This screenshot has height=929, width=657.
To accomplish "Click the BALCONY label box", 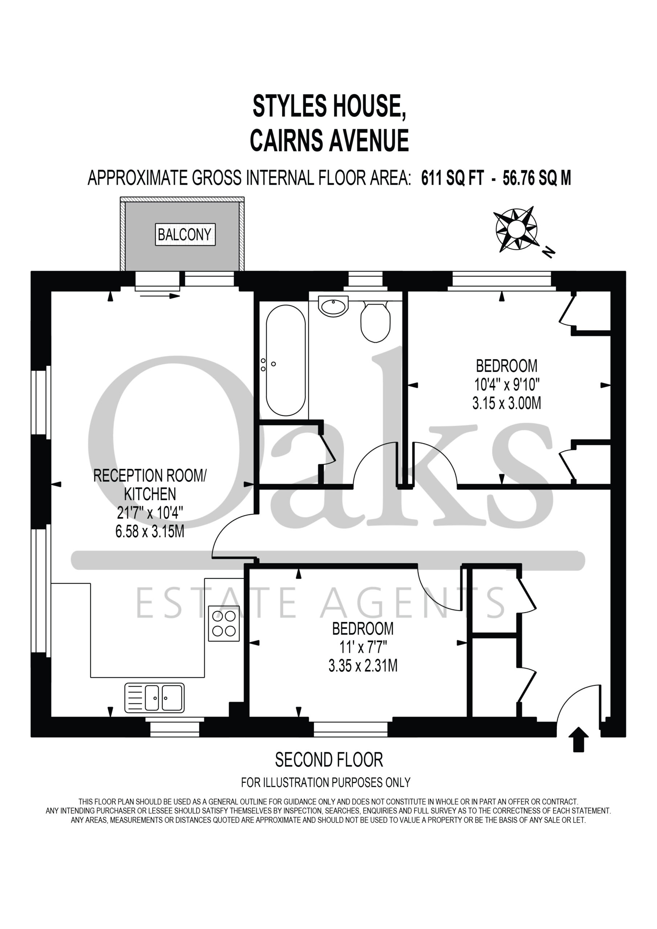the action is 185,234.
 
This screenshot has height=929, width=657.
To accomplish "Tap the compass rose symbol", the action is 517,229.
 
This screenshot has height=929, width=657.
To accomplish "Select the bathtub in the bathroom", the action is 286,360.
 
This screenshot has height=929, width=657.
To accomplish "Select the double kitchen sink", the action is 154,697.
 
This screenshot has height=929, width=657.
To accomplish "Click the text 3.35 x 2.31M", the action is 363,666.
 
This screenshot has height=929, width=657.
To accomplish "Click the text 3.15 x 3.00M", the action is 506,403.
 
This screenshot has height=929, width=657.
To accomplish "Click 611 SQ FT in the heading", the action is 453,178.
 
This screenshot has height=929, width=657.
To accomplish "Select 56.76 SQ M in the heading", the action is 537,178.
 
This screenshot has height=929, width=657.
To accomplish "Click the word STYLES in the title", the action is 289,106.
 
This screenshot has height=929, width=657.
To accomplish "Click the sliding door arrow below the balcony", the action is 160,296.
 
